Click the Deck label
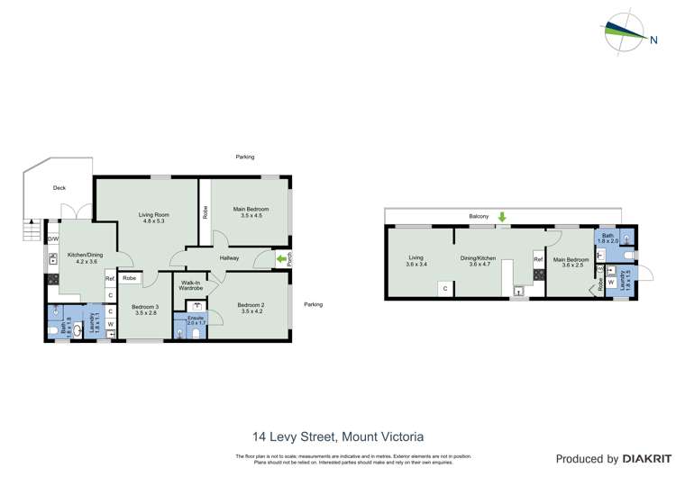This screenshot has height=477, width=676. (x=59, y=188)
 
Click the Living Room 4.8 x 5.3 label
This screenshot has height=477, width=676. (x=154, y=219)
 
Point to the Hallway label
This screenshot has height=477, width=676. (x=228, y=258)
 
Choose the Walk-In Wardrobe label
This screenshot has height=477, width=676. (x=190, y=287)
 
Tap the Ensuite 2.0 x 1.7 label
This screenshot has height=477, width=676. (x=195, y=319)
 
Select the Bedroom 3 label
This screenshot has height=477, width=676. (x=144, y=310)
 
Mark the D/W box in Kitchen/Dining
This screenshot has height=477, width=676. (x=53, y=239)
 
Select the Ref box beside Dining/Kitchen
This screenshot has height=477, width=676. (x=538, y=260)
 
